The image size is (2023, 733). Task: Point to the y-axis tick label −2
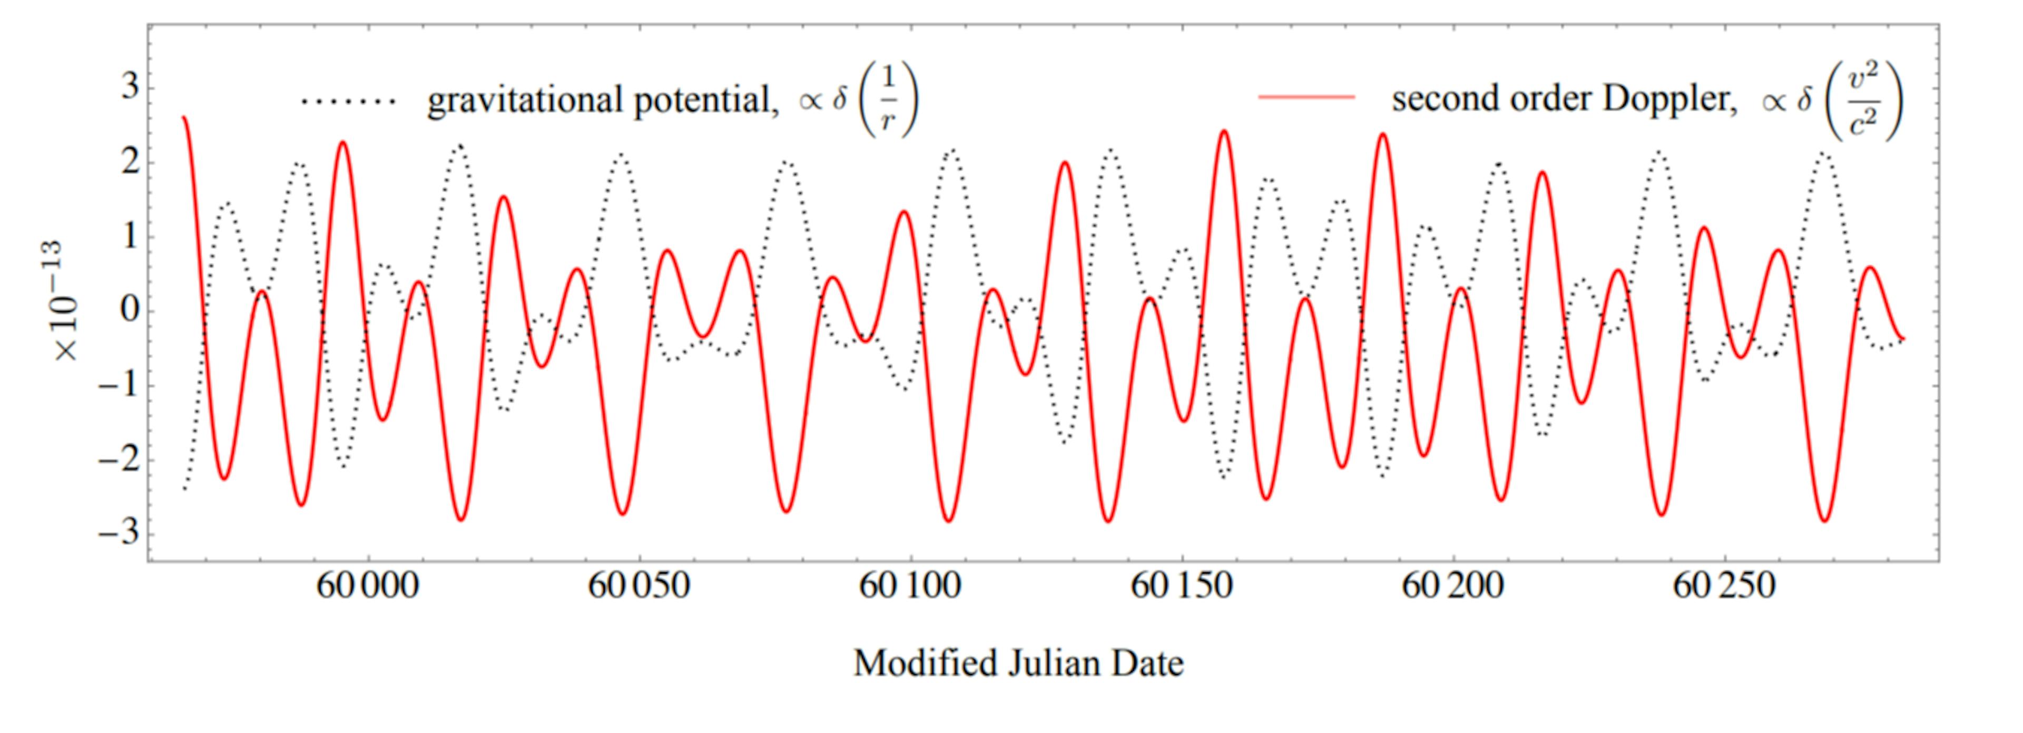point(118,460)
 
